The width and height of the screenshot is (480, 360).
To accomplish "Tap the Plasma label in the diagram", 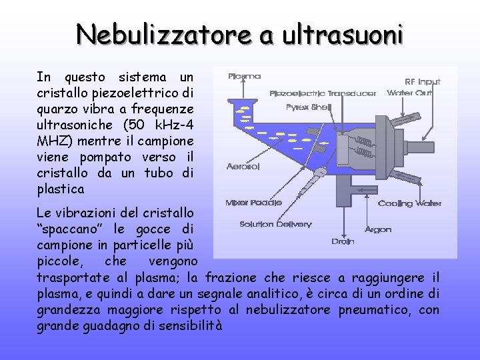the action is click(x=244, y=76).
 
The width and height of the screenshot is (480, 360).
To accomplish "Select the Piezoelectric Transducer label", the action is click(x=323, y=93).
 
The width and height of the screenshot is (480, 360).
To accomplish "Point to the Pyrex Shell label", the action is click(x=309, y=107).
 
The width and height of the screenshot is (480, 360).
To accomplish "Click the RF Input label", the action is click(x=423, y=81).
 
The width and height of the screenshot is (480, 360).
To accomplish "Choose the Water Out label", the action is click(x=410, y=93).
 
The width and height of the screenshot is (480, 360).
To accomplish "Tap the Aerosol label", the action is click(x=243, y=165).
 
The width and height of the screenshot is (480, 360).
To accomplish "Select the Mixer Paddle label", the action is click(x=253, y=202).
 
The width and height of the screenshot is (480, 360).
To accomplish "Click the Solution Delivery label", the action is click(x=275, y=224).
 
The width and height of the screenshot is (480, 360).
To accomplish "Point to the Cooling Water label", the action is click(x=409, y=203).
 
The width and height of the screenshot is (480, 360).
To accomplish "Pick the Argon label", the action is click(x=378, y=229).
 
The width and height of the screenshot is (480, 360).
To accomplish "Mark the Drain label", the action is click(x=343, y=241).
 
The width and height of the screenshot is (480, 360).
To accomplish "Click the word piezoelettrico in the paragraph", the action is click(x=148, y=92).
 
